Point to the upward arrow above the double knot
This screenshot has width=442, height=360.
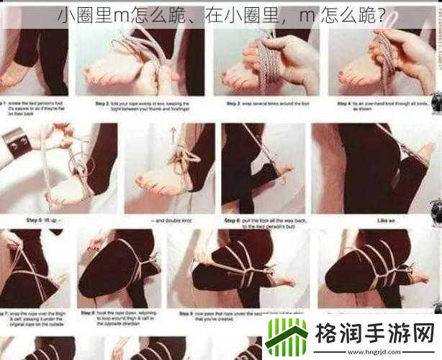coord(173,134)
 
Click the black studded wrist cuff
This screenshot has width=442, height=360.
coord(16,143)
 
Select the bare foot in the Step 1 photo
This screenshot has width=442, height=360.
coord(14,73)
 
